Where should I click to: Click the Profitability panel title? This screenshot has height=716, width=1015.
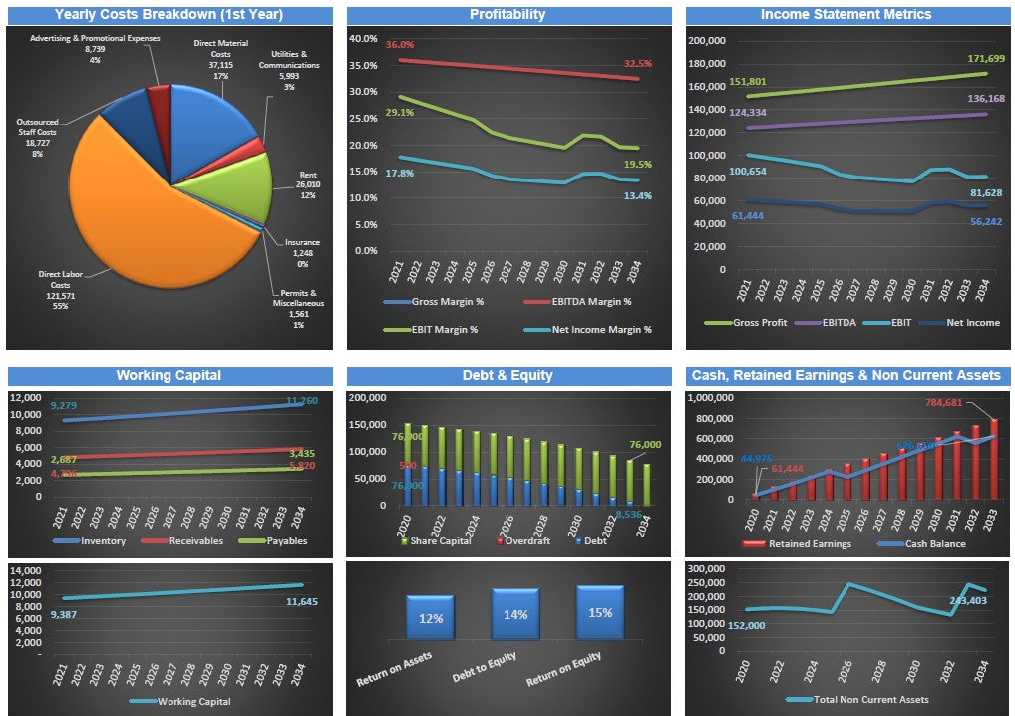507,15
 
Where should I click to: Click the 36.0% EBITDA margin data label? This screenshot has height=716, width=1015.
400,45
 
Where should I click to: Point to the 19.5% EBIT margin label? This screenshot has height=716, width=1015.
637,164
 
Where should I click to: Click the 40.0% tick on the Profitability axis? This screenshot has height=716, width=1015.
363,39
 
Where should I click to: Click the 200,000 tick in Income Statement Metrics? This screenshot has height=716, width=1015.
709,41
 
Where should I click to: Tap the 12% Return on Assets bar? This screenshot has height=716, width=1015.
430,617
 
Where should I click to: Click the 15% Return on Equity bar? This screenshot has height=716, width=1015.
600,611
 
